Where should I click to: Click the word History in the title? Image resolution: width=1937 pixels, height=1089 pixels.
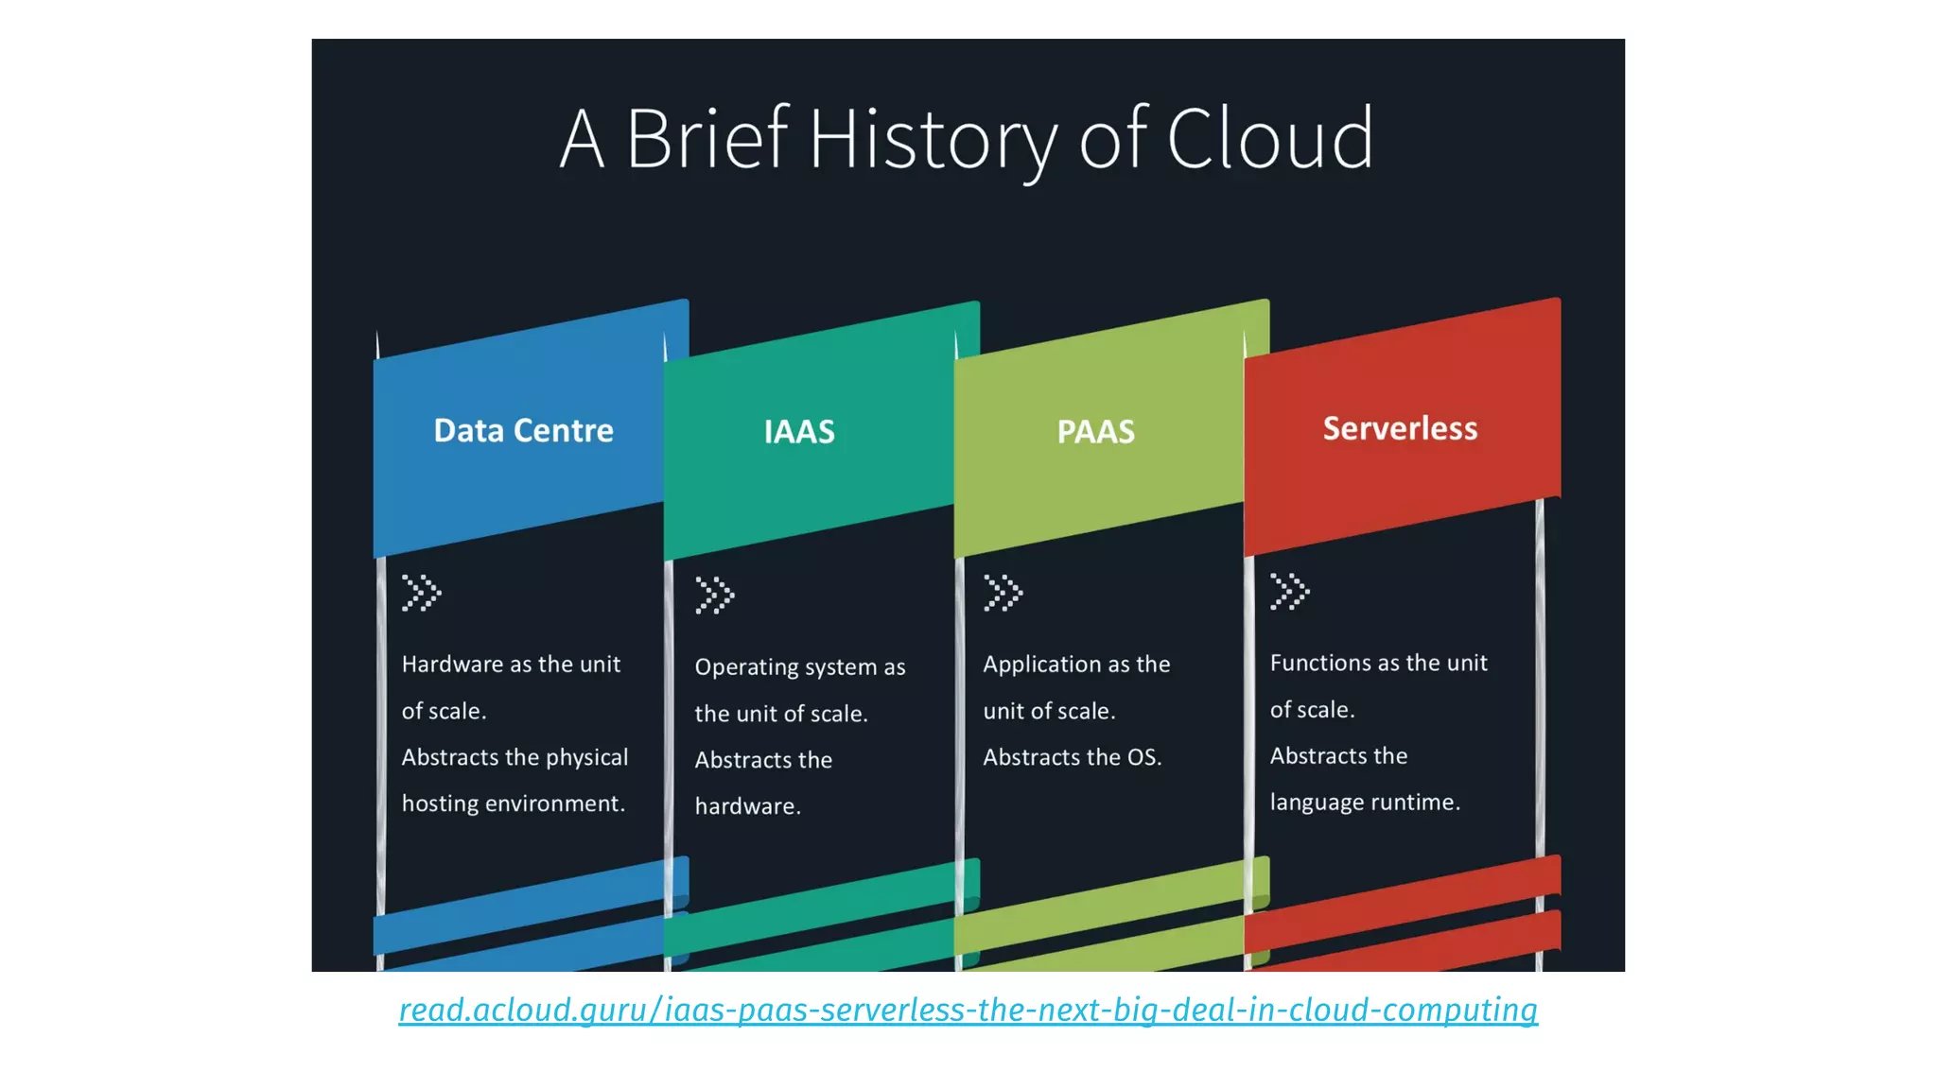pos(932,140)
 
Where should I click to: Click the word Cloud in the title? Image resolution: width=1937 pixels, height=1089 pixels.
pos(1269,140)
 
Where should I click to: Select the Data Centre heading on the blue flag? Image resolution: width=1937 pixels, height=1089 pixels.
pos(523,431)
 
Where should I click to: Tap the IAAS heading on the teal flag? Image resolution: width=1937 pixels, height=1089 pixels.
pos(799,432)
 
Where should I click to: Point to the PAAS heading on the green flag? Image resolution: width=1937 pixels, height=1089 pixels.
pos(1095,432)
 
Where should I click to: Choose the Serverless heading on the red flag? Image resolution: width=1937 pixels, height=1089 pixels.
pos(1400,428)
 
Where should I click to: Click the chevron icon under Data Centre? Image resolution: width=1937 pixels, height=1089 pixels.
pos(421,594)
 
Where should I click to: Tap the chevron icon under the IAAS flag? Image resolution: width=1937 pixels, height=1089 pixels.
pos(714,596)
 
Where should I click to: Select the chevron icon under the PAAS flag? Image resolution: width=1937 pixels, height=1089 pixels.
pos(1003,594)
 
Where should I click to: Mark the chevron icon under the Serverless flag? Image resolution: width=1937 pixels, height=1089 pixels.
pos(1289,592)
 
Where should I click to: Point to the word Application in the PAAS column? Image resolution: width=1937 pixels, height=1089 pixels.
pos(1041,665)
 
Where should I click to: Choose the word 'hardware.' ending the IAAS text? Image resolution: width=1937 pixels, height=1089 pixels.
pos(747,806)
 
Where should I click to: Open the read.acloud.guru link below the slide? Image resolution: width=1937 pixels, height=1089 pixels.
pos(968,1010)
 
